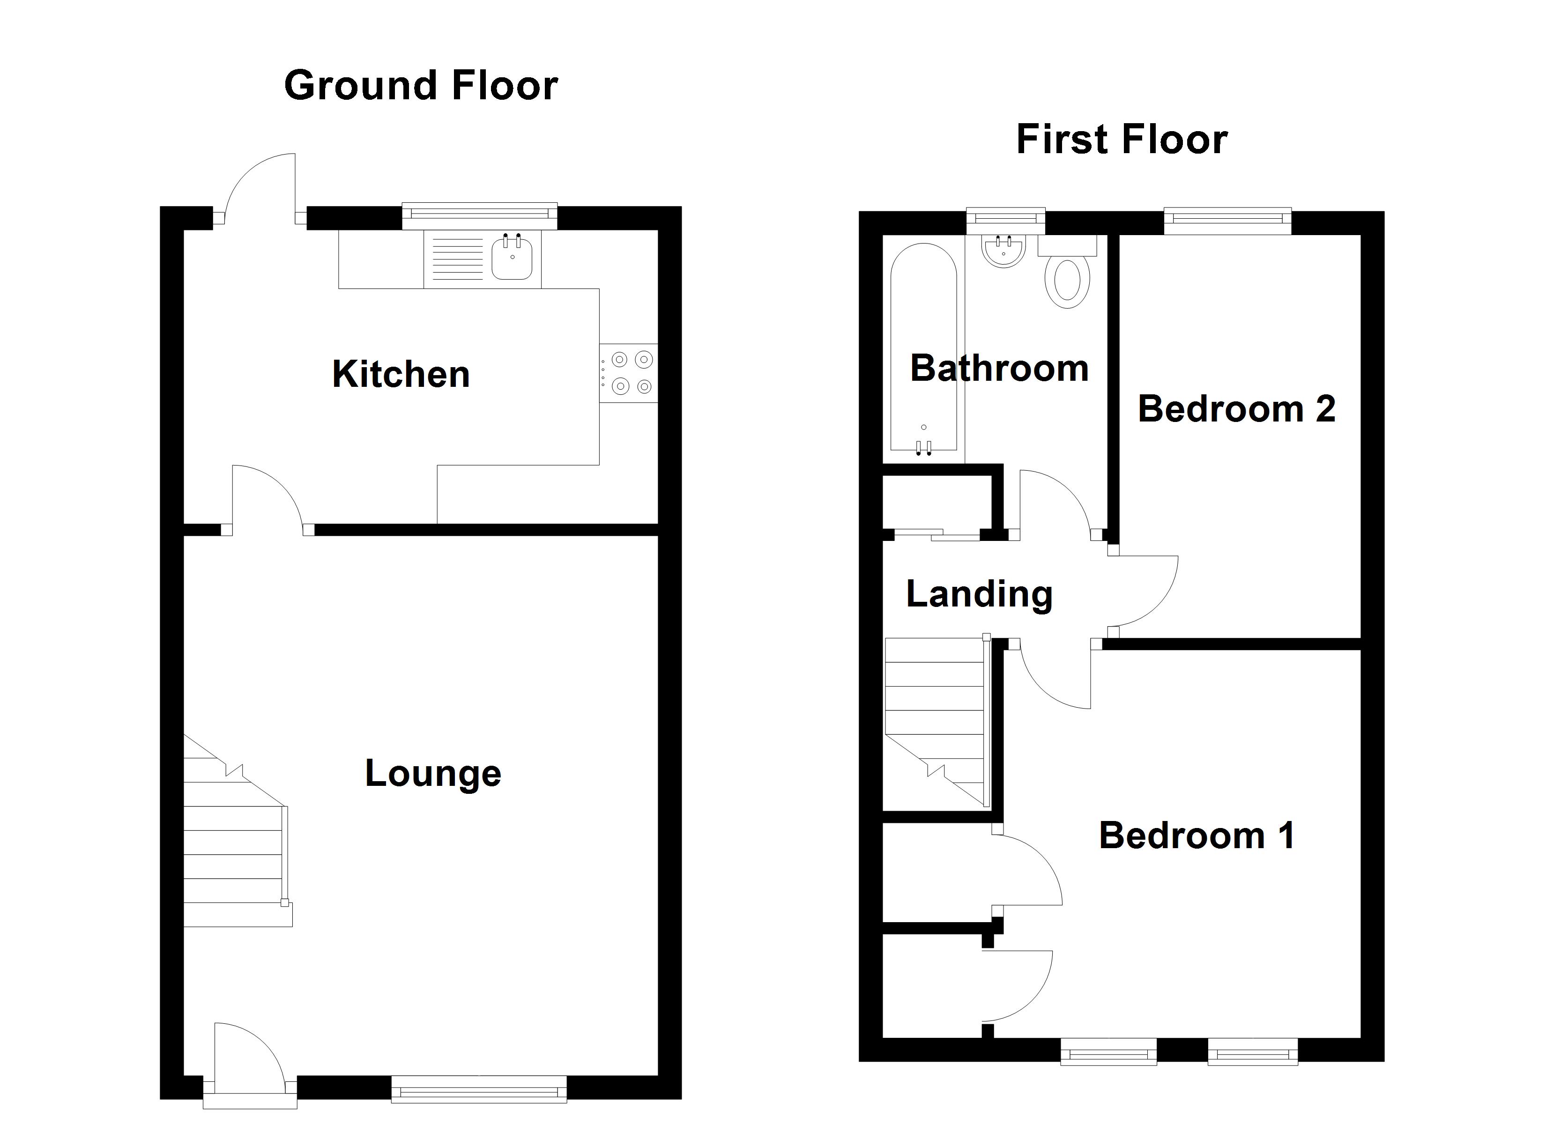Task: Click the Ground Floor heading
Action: [x=421, y=86]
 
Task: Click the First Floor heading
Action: [x=1122, y=140]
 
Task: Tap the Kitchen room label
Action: [x=401, y=374]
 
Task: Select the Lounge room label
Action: [x=433, y=773]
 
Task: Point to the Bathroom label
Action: [x=999, y=369]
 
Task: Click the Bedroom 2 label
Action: [x=1236, y=409]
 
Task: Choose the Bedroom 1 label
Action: [x=1197, y=836]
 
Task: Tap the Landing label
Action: [x=979, y=594]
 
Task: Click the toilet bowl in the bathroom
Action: [x=1068, y=281]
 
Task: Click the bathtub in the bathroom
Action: [x=924, y=348]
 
